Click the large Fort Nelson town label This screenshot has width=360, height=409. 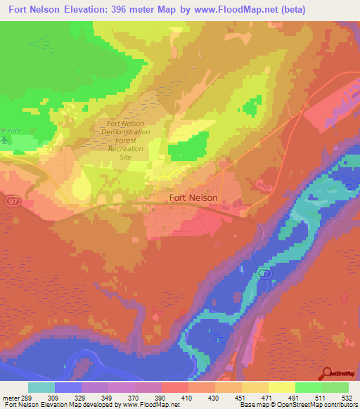pos(193,198)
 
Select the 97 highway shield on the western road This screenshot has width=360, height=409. pos(12,201)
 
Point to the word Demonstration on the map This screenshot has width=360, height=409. pos(125,131)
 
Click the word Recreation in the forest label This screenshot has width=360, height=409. pos(126,149)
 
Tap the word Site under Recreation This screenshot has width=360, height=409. pos(126,157)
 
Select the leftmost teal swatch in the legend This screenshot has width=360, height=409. pos(41,387)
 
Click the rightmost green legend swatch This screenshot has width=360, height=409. pos(335,387)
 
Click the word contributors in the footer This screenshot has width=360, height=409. pos(337,405)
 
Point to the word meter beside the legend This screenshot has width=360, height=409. pos(10,398)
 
